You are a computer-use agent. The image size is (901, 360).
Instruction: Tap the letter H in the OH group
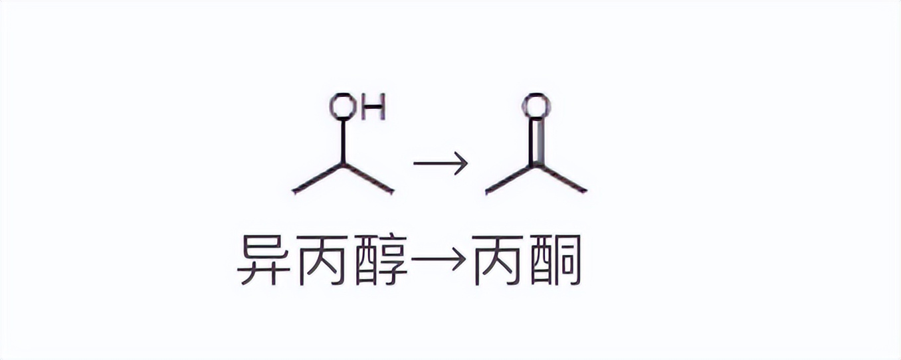click(x=373, y=108)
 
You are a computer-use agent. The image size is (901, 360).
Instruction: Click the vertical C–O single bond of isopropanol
click(x=343, y=141)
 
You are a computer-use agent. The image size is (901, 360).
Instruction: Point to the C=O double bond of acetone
click(x=536, y=141)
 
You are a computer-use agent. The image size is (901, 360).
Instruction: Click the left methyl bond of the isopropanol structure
click(x=318, y=178)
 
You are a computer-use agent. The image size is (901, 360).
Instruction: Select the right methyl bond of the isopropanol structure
click(x=369, y=178)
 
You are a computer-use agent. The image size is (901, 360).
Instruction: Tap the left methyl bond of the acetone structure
click(x=510, y=178)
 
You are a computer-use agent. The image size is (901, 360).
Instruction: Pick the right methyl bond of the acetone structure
click(x=562, y=178)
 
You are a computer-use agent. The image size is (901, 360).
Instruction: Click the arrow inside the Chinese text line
click(x=438, y=260)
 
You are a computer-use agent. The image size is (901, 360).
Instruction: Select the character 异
click(x=264, y=260)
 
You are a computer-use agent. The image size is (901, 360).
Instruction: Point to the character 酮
click(x=555, y=260)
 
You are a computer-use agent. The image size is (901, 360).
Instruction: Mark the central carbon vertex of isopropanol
click(x=343, y=164)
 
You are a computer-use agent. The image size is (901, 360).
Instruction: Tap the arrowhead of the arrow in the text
click(x=460, y=260)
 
